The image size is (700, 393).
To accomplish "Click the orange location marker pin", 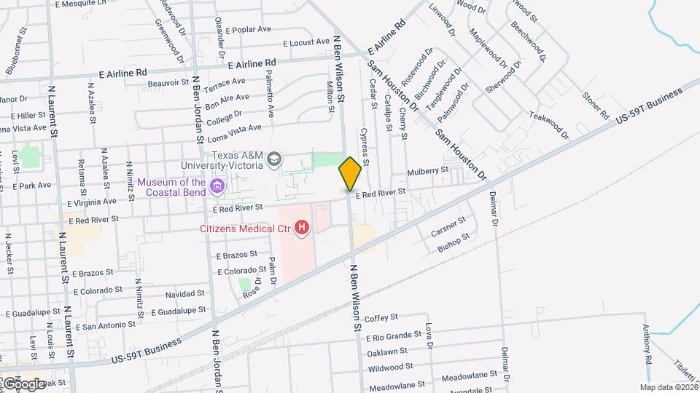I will pos(350,174).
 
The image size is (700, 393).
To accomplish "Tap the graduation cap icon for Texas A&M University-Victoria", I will pos(274,159).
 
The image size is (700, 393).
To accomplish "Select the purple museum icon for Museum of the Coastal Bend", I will pos(217,187).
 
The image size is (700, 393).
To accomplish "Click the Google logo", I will pos(23,384).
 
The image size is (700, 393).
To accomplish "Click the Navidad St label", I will pos(184,293).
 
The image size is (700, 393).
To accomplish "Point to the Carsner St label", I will pos(448,228).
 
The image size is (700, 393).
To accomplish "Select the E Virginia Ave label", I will pos(89,202).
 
